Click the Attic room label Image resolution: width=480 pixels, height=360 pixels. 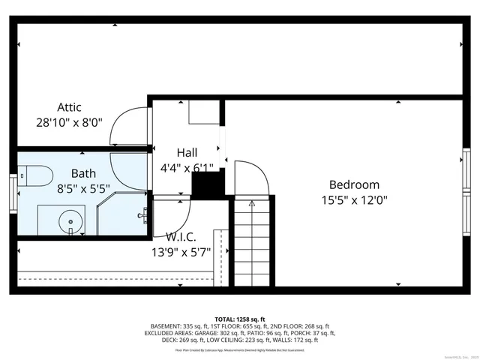69,107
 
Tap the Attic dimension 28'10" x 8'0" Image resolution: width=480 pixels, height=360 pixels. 69,121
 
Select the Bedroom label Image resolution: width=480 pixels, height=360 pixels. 354,184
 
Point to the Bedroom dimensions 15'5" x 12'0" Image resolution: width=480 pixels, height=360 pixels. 354,200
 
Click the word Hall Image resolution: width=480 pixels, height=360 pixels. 187,152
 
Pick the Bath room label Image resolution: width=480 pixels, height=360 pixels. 83,173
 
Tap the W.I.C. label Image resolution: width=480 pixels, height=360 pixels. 181,237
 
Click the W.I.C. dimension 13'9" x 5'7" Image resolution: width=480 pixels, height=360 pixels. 181,252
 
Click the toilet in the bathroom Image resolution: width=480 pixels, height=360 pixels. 36,176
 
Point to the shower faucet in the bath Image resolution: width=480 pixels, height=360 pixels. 142,215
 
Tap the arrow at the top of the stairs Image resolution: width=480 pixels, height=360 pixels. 252,202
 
